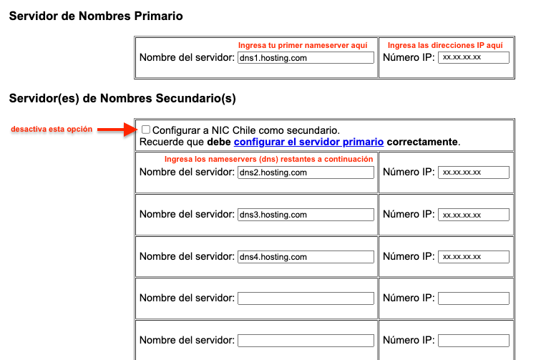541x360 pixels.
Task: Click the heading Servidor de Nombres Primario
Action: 95,16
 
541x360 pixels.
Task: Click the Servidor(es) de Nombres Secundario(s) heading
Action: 122,98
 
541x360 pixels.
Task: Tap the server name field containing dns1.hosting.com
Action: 306,58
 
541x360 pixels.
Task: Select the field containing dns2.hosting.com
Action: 306,172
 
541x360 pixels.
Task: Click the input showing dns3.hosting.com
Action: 306,215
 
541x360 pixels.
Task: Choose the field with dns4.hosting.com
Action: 306,257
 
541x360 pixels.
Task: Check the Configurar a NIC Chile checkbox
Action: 146,130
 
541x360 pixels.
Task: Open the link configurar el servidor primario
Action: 308,142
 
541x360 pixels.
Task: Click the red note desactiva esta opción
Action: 51,129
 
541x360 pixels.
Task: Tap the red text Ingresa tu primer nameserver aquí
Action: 303,44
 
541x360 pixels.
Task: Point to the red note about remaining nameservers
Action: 268,159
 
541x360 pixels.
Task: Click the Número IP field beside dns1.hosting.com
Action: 474,57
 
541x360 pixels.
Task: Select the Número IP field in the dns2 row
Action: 474,172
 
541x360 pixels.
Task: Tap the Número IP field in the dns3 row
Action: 474,215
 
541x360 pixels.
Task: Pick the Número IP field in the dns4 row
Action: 474,257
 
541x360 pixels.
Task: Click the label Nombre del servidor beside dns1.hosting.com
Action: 187,58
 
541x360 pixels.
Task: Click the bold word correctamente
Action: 422,142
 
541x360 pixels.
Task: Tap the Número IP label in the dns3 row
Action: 409,215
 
